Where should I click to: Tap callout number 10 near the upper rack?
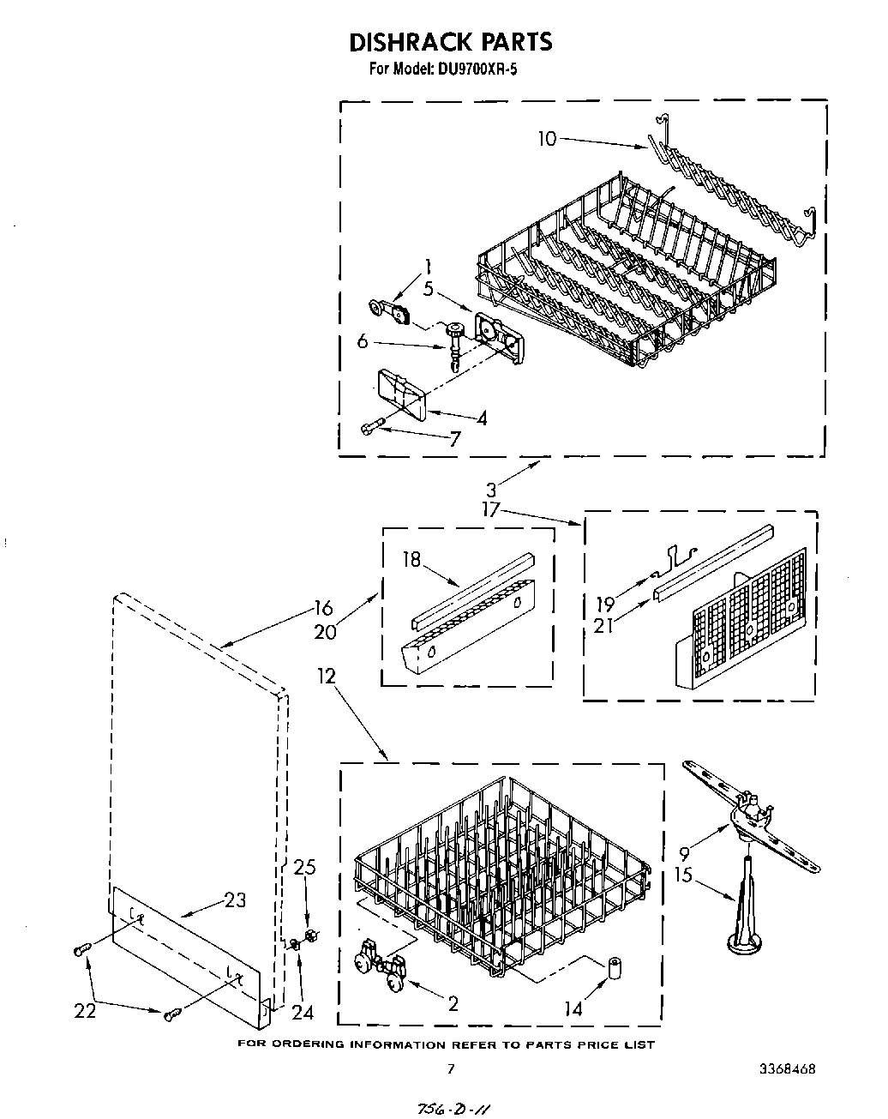tap(548, 138)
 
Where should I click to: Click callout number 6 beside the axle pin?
tap(363, 340)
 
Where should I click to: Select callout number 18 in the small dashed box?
tap(412, 560)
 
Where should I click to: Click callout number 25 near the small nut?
tap(304, 867)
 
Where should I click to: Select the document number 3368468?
tap(786, 1069)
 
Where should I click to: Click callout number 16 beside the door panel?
tap(322, 609)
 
